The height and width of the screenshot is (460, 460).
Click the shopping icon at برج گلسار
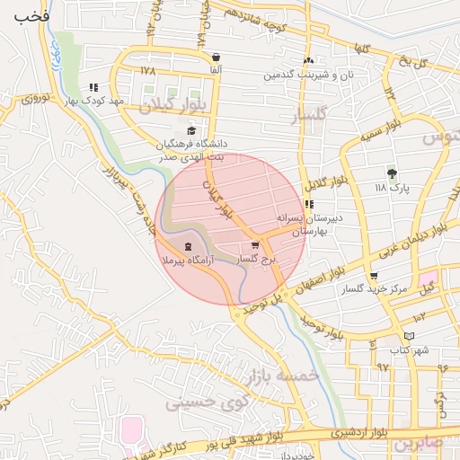255,244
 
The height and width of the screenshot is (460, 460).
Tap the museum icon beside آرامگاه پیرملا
188,247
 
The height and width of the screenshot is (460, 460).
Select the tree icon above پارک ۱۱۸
391,173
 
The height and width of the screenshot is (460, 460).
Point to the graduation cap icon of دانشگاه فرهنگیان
190,131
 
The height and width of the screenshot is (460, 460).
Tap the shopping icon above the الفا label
216,57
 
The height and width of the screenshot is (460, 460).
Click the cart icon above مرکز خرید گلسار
374,277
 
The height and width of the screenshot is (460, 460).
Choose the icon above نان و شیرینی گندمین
308,60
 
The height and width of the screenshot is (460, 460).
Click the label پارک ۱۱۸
393,189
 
